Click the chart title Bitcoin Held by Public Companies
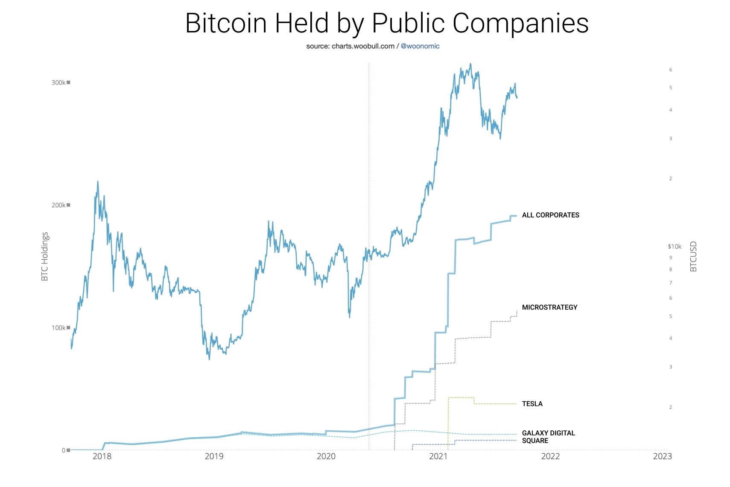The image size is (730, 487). [387, 23]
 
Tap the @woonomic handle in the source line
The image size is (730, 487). [420, 46]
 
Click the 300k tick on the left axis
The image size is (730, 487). [58, 83]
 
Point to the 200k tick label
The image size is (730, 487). [58, 205]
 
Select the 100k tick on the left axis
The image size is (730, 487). [58, 328]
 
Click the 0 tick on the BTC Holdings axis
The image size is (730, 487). [64, 450]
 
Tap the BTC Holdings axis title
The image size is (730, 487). [45, 256]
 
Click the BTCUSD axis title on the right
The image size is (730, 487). [693, 256]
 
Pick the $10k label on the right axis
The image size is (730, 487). [675, 246]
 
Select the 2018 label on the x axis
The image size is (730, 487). [102, 456]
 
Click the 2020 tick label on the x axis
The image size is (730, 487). [326, 456]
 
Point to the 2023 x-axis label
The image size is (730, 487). [662, 456]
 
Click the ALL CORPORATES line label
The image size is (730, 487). [550, 215]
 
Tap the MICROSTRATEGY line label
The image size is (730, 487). [549, 307]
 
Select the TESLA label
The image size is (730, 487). [532, 404]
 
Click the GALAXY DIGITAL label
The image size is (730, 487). [548, 433]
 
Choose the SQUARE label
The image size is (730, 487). [535, 441]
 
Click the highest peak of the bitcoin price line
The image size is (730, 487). [470, 64]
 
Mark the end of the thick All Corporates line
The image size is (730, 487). [517, 216]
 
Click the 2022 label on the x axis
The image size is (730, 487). [550, 456]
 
